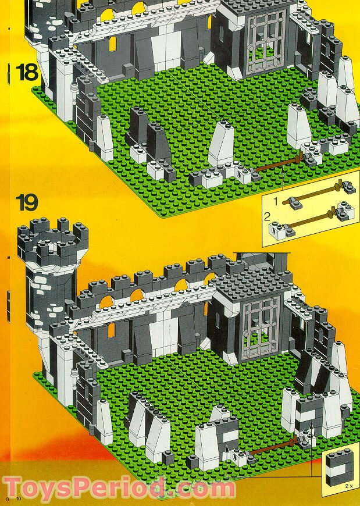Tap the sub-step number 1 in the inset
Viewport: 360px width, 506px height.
[276, 201]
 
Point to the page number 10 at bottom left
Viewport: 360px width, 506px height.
[19, 499]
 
